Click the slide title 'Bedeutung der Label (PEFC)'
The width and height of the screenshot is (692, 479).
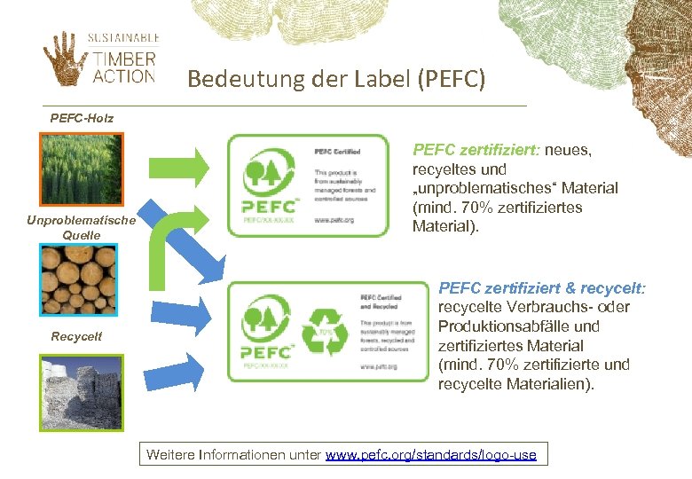pyautogui.click(x=336, y=80)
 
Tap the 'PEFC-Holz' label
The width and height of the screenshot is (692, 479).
pyautogui.click(x=82, y=117)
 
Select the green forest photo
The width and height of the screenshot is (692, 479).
pyautogui.click(x=81, y=169)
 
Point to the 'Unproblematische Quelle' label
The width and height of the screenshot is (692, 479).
pyautogui.click(x=82, y=227)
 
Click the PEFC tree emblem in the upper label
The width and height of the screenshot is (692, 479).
pyautogui.click(x=263, y=174)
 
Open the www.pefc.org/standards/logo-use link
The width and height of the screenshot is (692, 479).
pyautogui.click(x=431, y=455)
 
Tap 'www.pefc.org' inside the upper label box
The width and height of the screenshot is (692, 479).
pyautogui.click(x=334, y=219)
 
